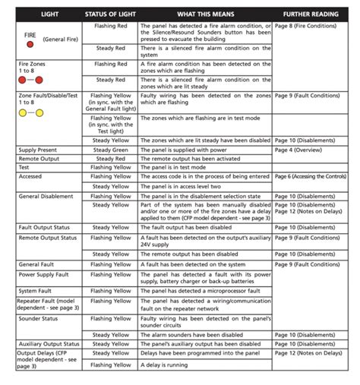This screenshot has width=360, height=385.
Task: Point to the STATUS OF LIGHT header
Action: (110, 14)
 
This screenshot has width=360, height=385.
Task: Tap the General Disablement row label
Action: (47, 195)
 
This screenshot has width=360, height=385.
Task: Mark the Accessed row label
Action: (31, 176)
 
